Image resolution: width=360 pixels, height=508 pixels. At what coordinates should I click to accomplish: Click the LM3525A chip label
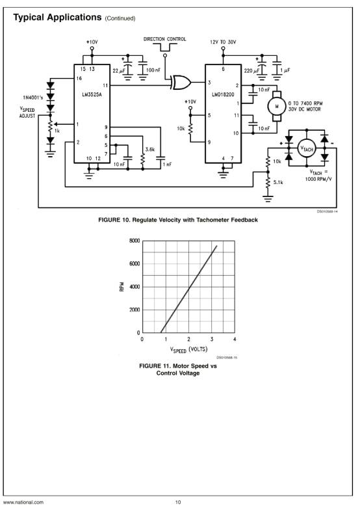[x=92, y=95]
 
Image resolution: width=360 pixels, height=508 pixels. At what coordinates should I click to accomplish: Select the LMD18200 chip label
[x=223, y=94]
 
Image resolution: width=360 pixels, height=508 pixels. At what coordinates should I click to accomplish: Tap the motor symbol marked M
[x=276, y=106]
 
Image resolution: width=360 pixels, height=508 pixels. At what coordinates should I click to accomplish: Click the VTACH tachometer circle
[x=306, y=148]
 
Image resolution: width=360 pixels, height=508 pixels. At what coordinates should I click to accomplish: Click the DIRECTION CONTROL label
[x=165, y=39]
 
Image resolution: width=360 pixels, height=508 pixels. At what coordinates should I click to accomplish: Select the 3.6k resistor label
[x=150, y=150]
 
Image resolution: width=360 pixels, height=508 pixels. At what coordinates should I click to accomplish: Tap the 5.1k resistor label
[x=278, y=182]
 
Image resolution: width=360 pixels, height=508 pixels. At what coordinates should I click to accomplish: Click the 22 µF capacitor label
[x=118, y=71]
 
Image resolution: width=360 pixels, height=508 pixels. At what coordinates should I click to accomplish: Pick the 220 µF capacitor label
[x=251, y=71]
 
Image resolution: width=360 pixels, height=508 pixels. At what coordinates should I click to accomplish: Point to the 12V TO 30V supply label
[x=223, y=42]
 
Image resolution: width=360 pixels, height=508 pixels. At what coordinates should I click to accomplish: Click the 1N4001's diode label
[x=32, y=98]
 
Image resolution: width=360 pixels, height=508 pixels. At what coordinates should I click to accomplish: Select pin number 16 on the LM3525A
[x=79, y=79]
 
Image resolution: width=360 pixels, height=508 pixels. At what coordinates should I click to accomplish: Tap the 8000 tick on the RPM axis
[x=135, y=241]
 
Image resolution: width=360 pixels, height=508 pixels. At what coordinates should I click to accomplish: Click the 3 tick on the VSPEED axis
[x=212, y=339]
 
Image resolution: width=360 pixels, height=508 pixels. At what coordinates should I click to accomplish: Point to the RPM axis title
[x=122, y=286]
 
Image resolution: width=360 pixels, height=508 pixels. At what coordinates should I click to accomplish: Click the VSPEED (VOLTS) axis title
[x=188, y=349]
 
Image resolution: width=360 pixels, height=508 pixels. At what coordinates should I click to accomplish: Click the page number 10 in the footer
[x=178, y=502]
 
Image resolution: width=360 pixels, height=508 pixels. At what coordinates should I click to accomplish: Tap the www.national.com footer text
[x=23, y=502]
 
